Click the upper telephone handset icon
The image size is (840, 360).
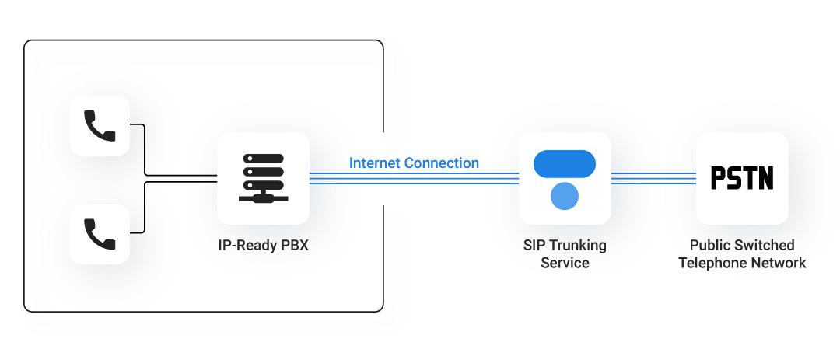(x=100, y=125)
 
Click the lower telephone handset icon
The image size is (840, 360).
(x=100, y=233)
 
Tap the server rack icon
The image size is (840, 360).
(x=263, y=178)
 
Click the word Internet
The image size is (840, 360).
(x=374, y=163)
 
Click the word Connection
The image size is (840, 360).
(x=441, y=163)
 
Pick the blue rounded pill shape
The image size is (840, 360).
(x=565, y=164)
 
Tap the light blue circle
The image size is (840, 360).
(x=565, y=197)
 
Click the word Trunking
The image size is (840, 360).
(x=577, y=246)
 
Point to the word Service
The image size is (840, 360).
(x=565, y=263)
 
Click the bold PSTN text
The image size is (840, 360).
(x=742, y=178)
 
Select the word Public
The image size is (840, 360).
(x=709, y=246)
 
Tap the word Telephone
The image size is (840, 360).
(x=710, y=263)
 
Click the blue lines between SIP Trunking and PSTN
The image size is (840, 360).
(x=653, y=179)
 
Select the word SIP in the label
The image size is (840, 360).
(x=534, y=246)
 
